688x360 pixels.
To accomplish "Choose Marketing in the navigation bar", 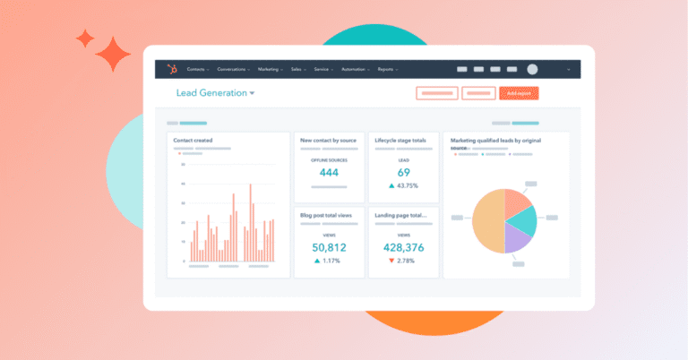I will [271, 69].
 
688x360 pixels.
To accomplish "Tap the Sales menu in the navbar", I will [297, 69].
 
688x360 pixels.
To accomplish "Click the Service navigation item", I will [322, 69].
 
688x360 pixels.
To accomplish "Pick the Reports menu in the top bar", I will [387, 69].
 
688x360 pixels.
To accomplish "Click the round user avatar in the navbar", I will [532, 69].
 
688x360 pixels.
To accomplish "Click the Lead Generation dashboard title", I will [211, 92].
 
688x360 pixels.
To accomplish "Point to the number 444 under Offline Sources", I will [329, 172].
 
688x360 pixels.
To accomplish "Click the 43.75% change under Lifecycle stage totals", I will [408, 185].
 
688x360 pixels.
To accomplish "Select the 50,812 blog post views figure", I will [329, 246].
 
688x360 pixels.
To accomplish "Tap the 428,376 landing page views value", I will [403, 246].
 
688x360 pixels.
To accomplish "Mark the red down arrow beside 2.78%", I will [391, 260].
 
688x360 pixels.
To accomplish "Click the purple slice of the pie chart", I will [518, 236].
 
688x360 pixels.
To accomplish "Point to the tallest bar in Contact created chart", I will [250, 224].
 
